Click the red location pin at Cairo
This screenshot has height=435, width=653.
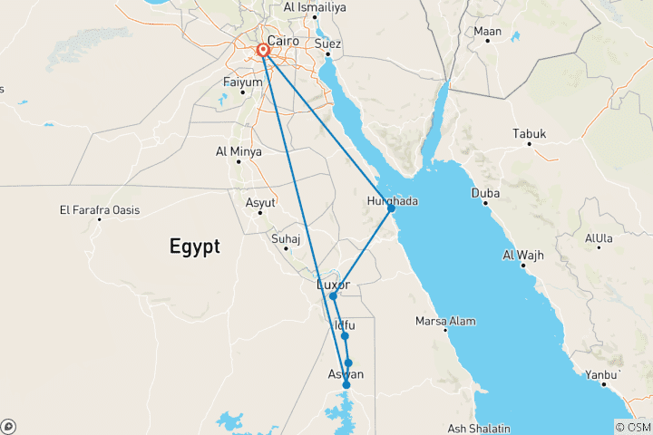[x=263, y=50]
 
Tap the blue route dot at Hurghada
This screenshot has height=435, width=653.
[x=391, y=208]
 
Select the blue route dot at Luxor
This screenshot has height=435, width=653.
[x=333, y=296]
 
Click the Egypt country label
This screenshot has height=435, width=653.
[x=193, y=246]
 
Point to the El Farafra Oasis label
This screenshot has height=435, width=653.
[x=100, y=210]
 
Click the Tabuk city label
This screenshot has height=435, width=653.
[x=530, y=134]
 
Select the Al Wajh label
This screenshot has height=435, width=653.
[x=523, y=255]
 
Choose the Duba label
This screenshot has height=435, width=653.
[x=486, y=193]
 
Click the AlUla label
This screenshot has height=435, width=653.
[x=600, y=238]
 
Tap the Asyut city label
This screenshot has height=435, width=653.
[x=260, y=202]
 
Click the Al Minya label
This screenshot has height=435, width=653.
[x=239, y=151]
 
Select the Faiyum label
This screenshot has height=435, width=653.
[x=242, y=82]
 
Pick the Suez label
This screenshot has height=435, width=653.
[x=327, y=43]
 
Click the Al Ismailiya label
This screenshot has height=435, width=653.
[x=314, y=7]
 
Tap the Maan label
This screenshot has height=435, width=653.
[x=487, y=32]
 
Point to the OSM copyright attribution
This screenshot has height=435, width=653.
[x=633, y=427]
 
